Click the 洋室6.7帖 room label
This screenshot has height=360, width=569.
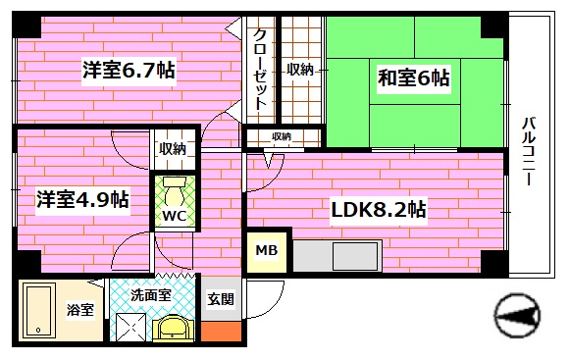pyautogui.click(x=129, y=71)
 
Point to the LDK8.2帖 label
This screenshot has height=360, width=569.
pyautogui.click(x=378, y=209)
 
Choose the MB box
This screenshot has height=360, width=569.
pyautogui.click(x=266, y=251)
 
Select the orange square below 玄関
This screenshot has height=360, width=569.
pyautogui.click(x=223, y=332)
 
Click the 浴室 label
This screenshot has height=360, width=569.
pyautogui.click(x=80, y=310)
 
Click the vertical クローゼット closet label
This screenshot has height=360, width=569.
pyautogui.click(x=261, y=69)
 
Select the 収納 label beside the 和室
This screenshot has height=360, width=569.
pyautogui.click(x=300, y=70)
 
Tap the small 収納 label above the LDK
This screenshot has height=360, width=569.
pyautogui.click(x=282, y=136)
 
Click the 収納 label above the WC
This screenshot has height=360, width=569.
pyautogui.click(x=174, y=149)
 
